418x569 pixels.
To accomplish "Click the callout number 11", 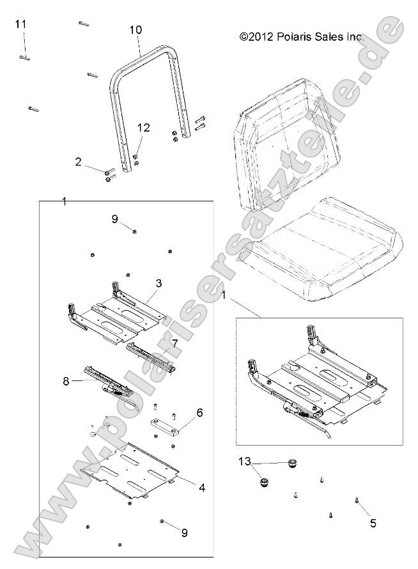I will click(20, 24).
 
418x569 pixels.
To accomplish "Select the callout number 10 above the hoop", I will click(135, 30).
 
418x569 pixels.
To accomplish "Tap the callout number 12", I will click(143, 128).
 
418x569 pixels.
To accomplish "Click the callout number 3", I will click(158, 282).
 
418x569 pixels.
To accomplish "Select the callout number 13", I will click(244, 461).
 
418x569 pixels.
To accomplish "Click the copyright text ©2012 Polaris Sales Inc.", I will click(302, 38).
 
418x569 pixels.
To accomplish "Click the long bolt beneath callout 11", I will click(24, 58).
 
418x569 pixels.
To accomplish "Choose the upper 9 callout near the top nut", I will click(114, 219).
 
